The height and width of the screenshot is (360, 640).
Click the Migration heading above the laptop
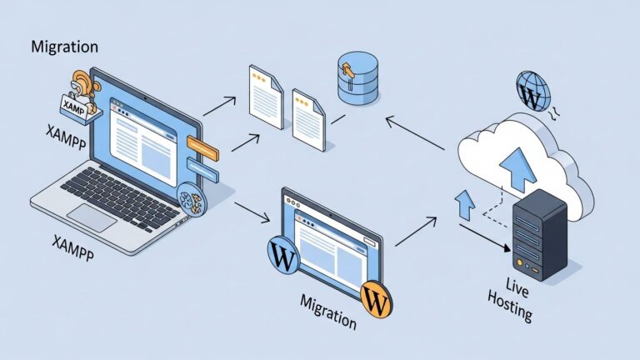click(x=64, y=47)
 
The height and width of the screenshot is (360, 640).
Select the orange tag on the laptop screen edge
click(x=202, y=148)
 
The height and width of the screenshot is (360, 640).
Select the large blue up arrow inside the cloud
click(x=516, y=166)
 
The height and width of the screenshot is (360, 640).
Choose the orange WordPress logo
click(x=377, y=298)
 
